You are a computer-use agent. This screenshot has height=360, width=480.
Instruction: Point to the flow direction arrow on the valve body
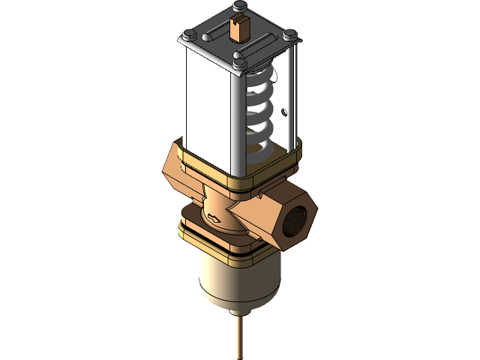click(x=216, y=219)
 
